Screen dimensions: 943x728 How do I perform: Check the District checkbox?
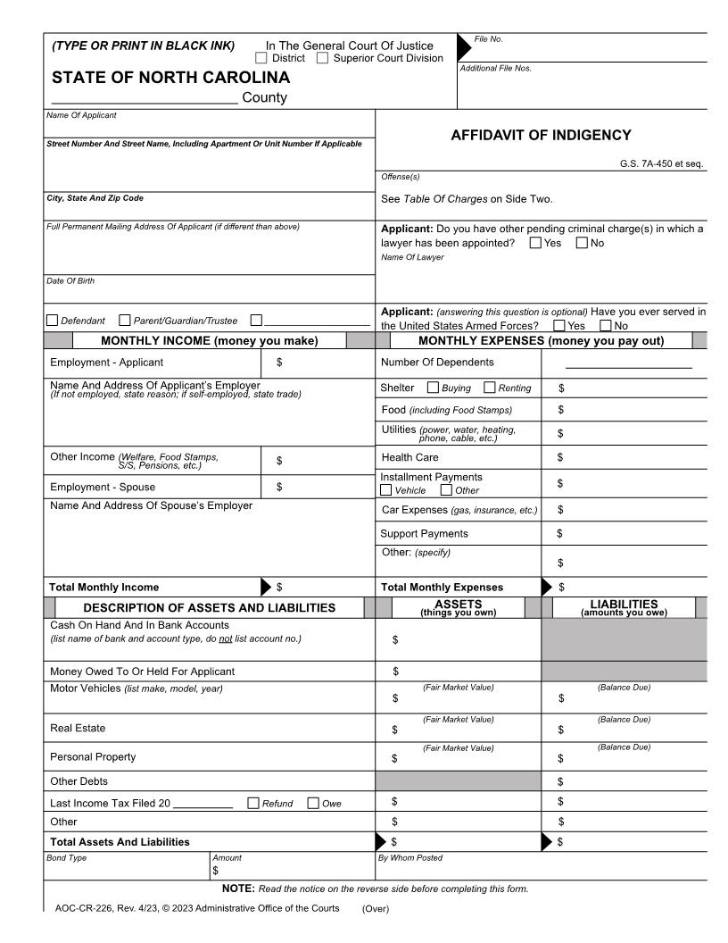click(x=261, y=58)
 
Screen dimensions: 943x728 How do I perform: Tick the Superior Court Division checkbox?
click(x=322, y=58)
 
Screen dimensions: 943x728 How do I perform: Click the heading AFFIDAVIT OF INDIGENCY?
click(x=542, y=136)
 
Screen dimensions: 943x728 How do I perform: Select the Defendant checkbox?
click(x=52, y=321)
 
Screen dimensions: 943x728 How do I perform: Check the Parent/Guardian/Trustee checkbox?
click(x=125, y=321)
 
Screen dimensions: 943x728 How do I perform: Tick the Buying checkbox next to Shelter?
click(x=433, y=388)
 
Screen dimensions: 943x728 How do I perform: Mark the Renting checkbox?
click(x=489, y=388)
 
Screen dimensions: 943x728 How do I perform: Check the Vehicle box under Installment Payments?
click(x=386, y=489)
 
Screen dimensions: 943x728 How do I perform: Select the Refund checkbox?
click(x=253, y=803)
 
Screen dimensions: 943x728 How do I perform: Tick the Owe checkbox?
click(x=313, y=803)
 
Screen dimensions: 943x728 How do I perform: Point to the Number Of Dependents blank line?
click(x=628, y=366)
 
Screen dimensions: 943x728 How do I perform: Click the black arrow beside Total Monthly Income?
click(x=266, y=587)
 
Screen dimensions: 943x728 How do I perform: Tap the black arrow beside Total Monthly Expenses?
click(x=547, y=587)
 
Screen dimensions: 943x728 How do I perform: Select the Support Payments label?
click(x=424, y=533)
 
